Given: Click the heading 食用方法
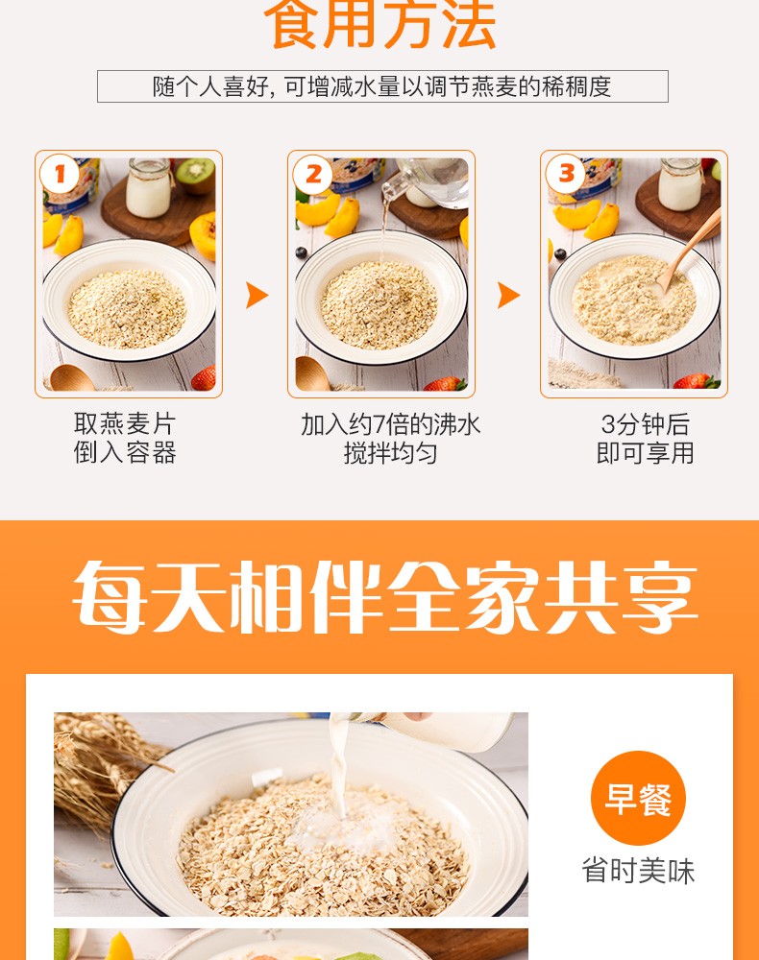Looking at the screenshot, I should tap(381, 24).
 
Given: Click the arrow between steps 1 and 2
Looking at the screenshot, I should tap(257, 295).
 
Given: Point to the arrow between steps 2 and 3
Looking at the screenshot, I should tap(508, 295).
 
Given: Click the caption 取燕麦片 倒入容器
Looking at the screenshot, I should tap(126, 438).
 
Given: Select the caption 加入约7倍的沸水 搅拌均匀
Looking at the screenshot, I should tap(390, 438).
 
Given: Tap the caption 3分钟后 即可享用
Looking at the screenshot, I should tap(645, 438).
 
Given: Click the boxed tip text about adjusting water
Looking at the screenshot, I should tap(382, 86).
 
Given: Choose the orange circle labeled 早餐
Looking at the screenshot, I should tap(638, 798).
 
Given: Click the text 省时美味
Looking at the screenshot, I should tap(638, 871).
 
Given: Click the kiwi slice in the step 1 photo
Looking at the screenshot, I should tap(196, 175).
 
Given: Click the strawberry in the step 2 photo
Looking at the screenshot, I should tap(447, 384).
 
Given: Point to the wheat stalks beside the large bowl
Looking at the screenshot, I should tap(91, 768).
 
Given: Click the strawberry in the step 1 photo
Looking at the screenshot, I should tap(204, 379).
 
